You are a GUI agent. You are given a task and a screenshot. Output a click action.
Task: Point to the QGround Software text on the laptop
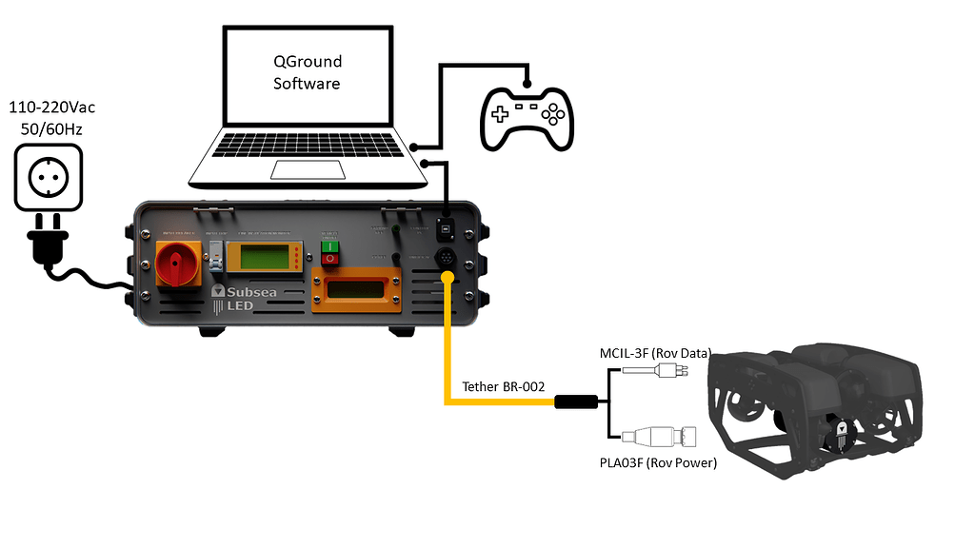[308, 72]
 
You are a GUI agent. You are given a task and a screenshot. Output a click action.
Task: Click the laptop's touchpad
[302, 169]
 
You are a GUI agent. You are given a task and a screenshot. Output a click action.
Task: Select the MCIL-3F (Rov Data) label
[655, 353]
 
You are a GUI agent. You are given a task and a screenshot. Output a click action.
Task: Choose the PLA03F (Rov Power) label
[657, 463]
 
